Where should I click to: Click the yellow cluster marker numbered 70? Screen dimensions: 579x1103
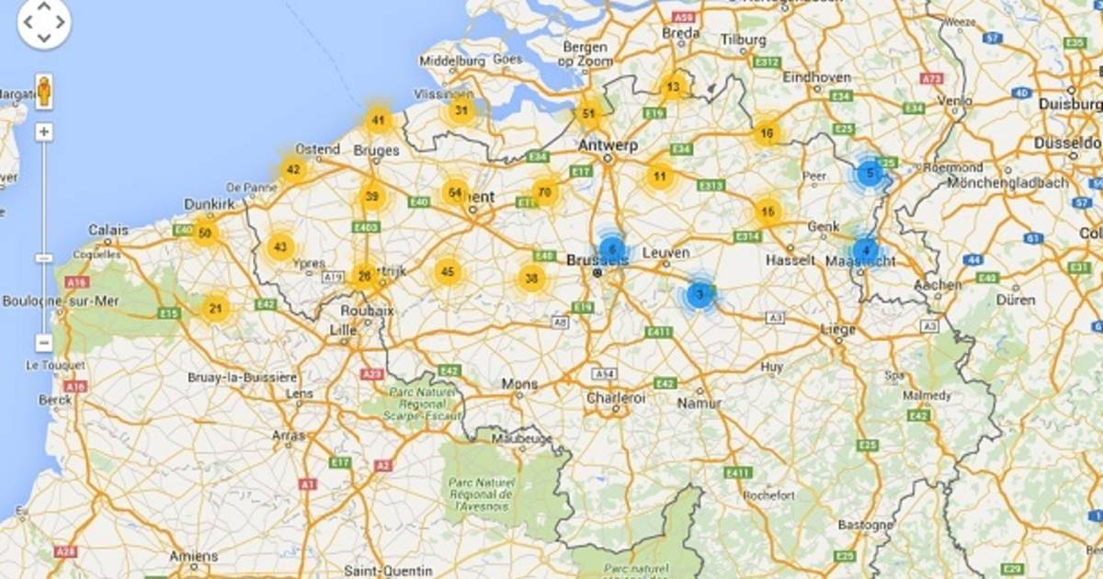click(x=545, y=192)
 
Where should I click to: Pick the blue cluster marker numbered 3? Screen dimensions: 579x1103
click(x=699, y=295)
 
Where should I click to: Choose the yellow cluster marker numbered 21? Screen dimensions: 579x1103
click(x=215, y=308)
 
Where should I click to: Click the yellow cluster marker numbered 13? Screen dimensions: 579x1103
click(x=674, y=88)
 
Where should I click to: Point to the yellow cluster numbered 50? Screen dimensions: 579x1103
click(x=205, y=233)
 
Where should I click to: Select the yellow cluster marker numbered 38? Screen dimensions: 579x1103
click(x=531, y=278)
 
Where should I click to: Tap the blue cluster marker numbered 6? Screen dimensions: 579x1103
click(x=612, y=249)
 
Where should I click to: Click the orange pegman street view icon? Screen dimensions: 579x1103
click(x=43, y=92)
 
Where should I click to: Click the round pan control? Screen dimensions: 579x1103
click(x=43, y=23)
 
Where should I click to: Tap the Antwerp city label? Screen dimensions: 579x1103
click(x=608, y=145)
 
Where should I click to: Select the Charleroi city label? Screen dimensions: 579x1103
click(x=616, y=398)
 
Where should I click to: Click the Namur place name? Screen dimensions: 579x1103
click(x=699, y=403)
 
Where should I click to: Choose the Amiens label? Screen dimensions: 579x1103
click(x=194, y=556)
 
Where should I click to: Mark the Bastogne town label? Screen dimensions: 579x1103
click(x=865, y=525)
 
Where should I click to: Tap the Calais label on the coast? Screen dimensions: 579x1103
click(x=108, y=230)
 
